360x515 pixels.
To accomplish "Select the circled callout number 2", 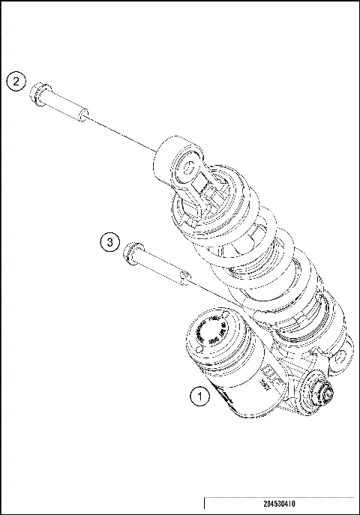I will coord(18,82).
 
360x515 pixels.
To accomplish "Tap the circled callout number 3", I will coord(109,241).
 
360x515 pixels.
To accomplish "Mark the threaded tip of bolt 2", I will coord(85,115).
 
